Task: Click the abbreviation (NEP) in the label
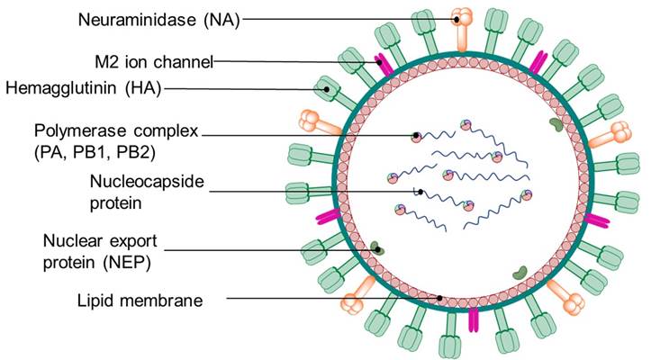(126, 263)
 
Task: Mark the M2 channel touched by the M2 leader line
(385, 63)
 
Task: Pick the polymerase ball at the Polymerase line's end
(416, 137)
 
